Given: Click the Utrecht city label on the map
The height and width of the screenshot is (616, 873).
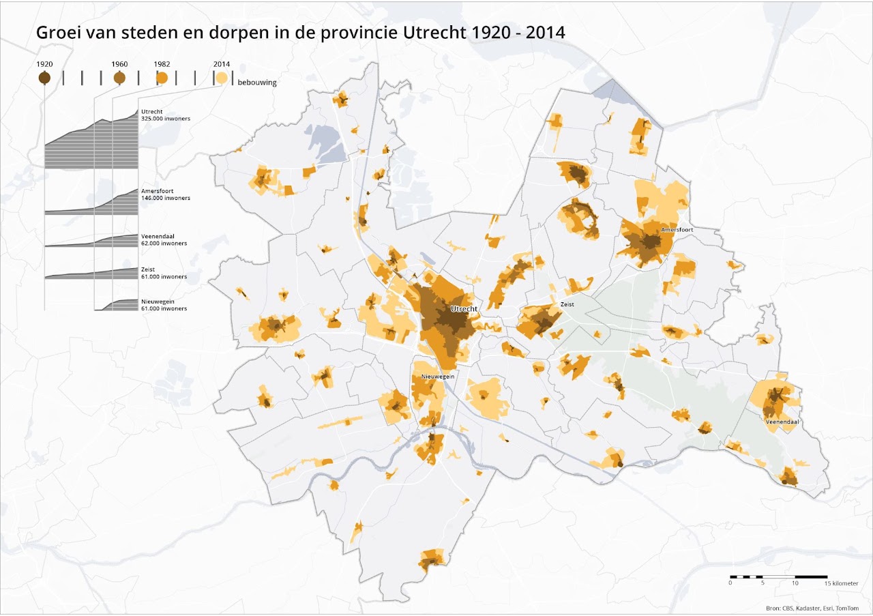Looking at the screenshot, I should (464, 309).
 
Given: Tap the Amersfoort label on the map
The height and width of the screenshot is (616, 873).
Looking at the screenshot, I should (677, 230).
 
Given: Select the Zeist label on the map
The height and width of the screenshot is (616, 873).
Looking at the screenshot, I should (567, 305).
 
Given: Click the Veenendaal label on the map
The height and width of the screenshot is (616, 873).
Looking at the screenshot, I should (782, 422).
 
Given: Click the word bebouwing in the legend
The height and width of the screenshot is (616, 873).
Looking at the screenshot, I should (257, 83).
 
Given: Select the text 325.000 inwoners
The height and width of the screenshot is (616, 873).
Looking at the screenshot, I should (165, 119).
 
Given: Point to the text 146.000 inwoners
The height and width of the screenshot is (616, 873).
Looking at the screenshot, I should (165, 198).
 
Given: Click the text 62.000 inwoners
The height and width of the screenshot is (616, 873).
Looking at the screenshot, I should (164, 243).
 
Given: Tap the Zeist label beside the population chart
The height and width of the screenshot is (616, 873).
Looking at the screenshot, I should (148, 269).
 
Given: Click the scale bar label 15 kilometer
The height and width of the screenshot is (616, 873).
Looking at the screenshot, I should (842, 584).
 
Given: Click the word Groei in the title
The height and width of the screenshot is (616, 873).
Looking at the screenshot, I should (56, 32).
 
